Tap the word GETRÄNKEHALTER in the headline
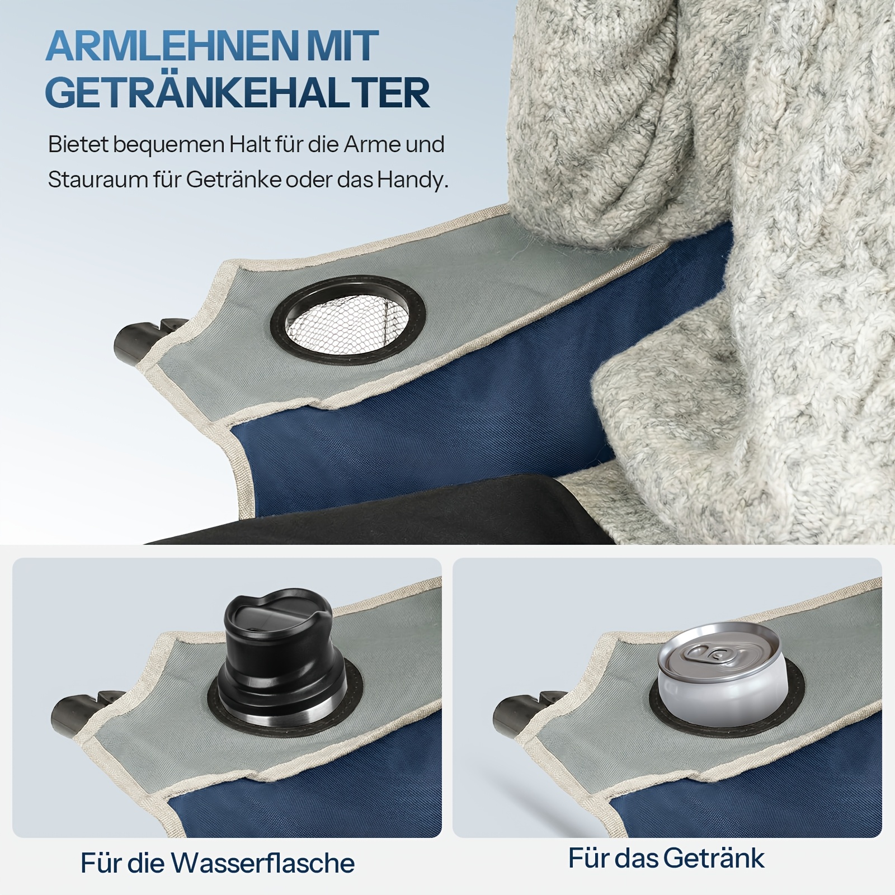point(237,92)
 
